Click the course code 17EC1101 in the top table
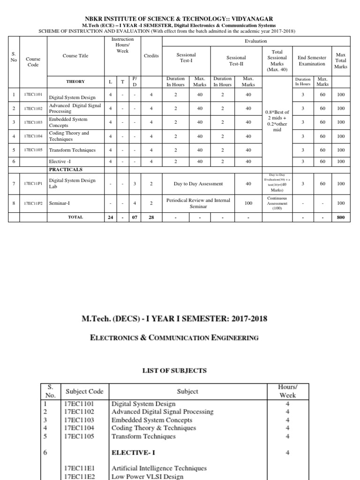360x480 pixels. coord(33,95)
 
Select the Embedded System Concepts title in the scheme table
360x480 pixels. coord(68,122)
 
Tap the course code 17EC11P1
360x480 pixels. coord(33,184)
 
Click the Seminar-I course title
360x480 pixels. coord(60,203)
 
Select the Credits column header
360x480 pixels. coord(151,56)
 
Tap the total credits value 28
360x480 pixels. coord(151,217)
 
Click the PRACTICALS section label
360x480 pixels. coord(66,169)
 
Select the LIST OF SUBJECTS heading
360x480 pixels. coord(174,370)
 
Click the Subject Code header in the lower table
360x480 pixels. coord(84,391)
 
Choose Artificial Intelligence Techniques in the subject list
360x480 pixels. coord(159,468)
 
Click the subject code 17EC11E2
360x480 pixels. coord(80,476)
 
